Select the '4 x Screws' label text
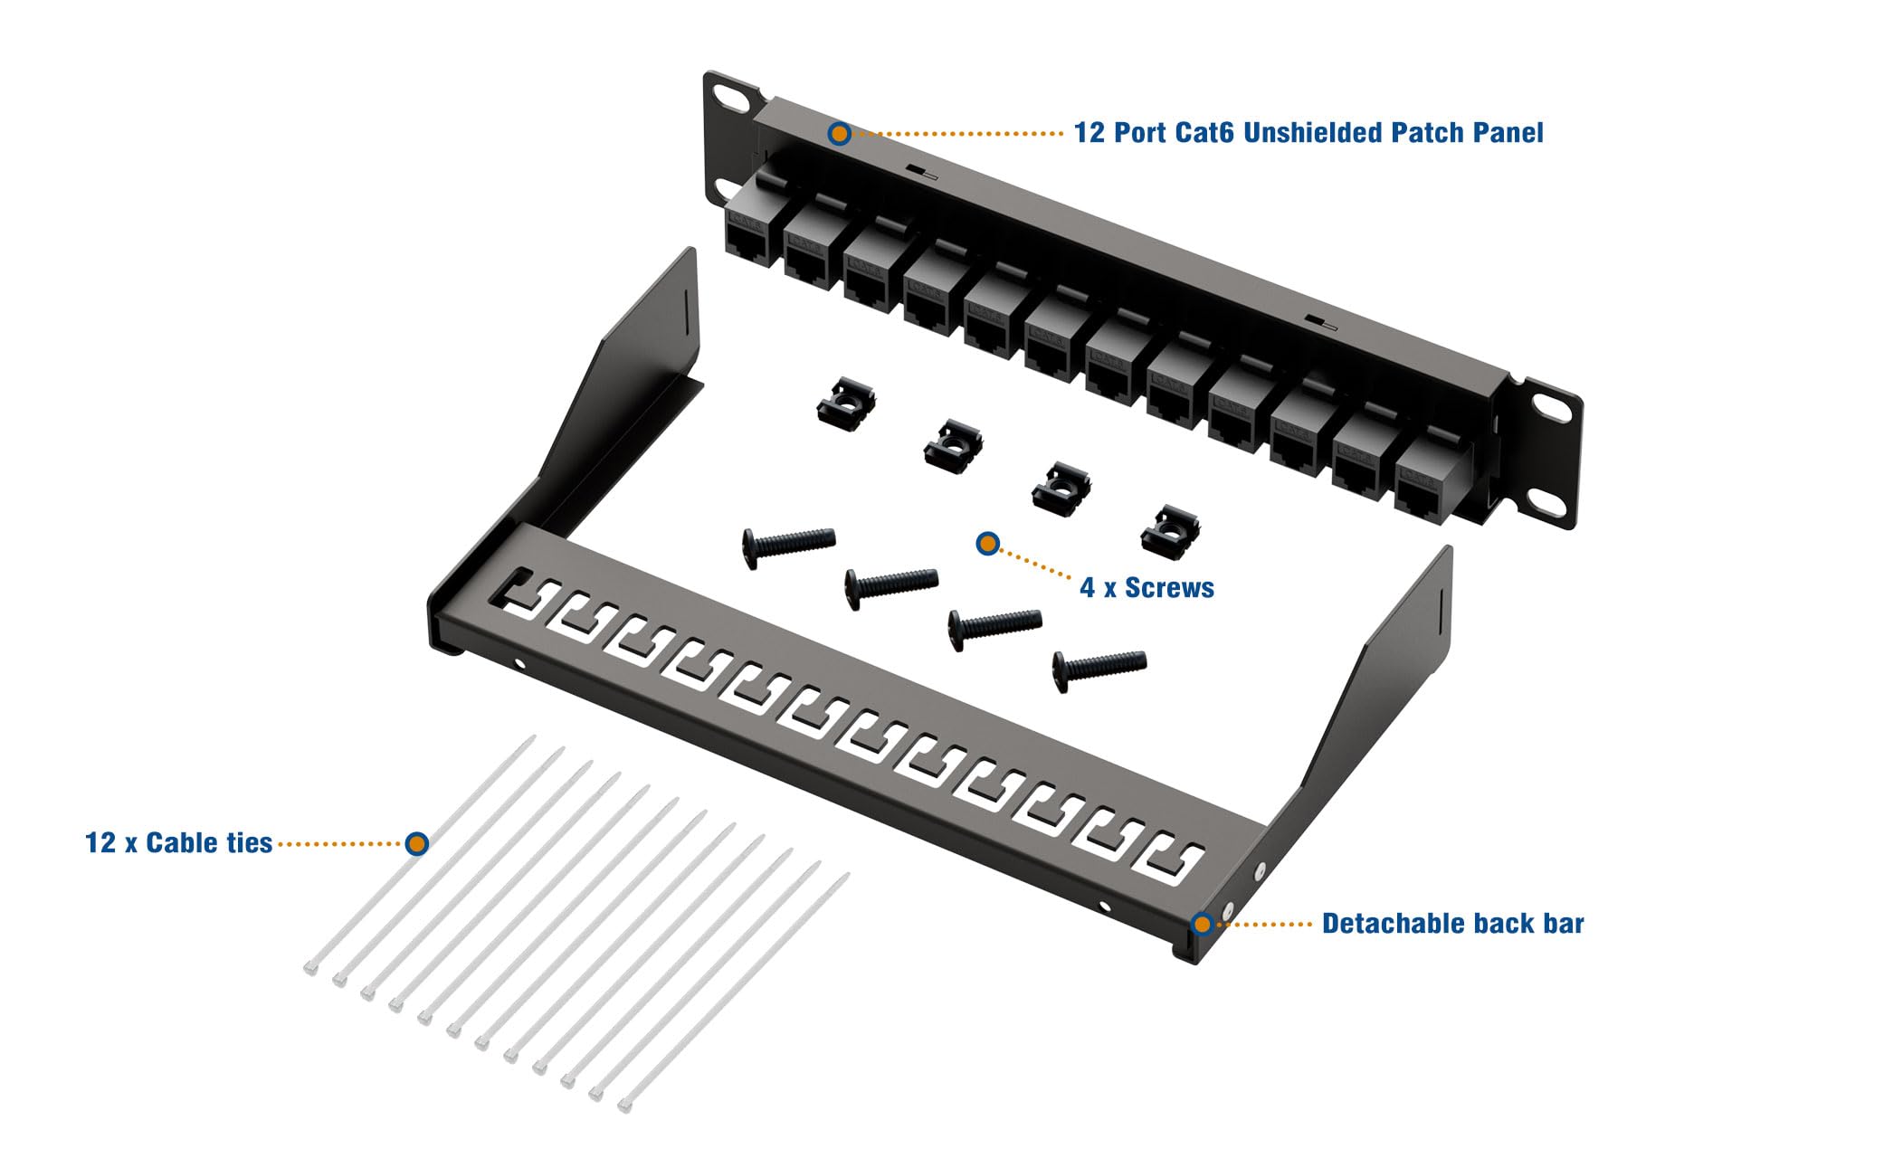coord(1147,588)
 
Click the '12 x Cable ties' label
coord(178,843)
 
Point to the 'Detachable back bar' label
coord(1452,924)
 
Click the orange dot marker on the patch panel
coord(840,134)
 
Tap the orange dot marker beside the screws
coord(987,544)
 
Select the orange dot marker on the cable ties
coord(416,843)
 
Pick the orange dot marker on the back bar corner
coord(1202,924)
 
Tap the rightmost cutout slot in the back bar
coord(1174,859)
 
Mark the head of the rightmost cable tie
coord(624,1106)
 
